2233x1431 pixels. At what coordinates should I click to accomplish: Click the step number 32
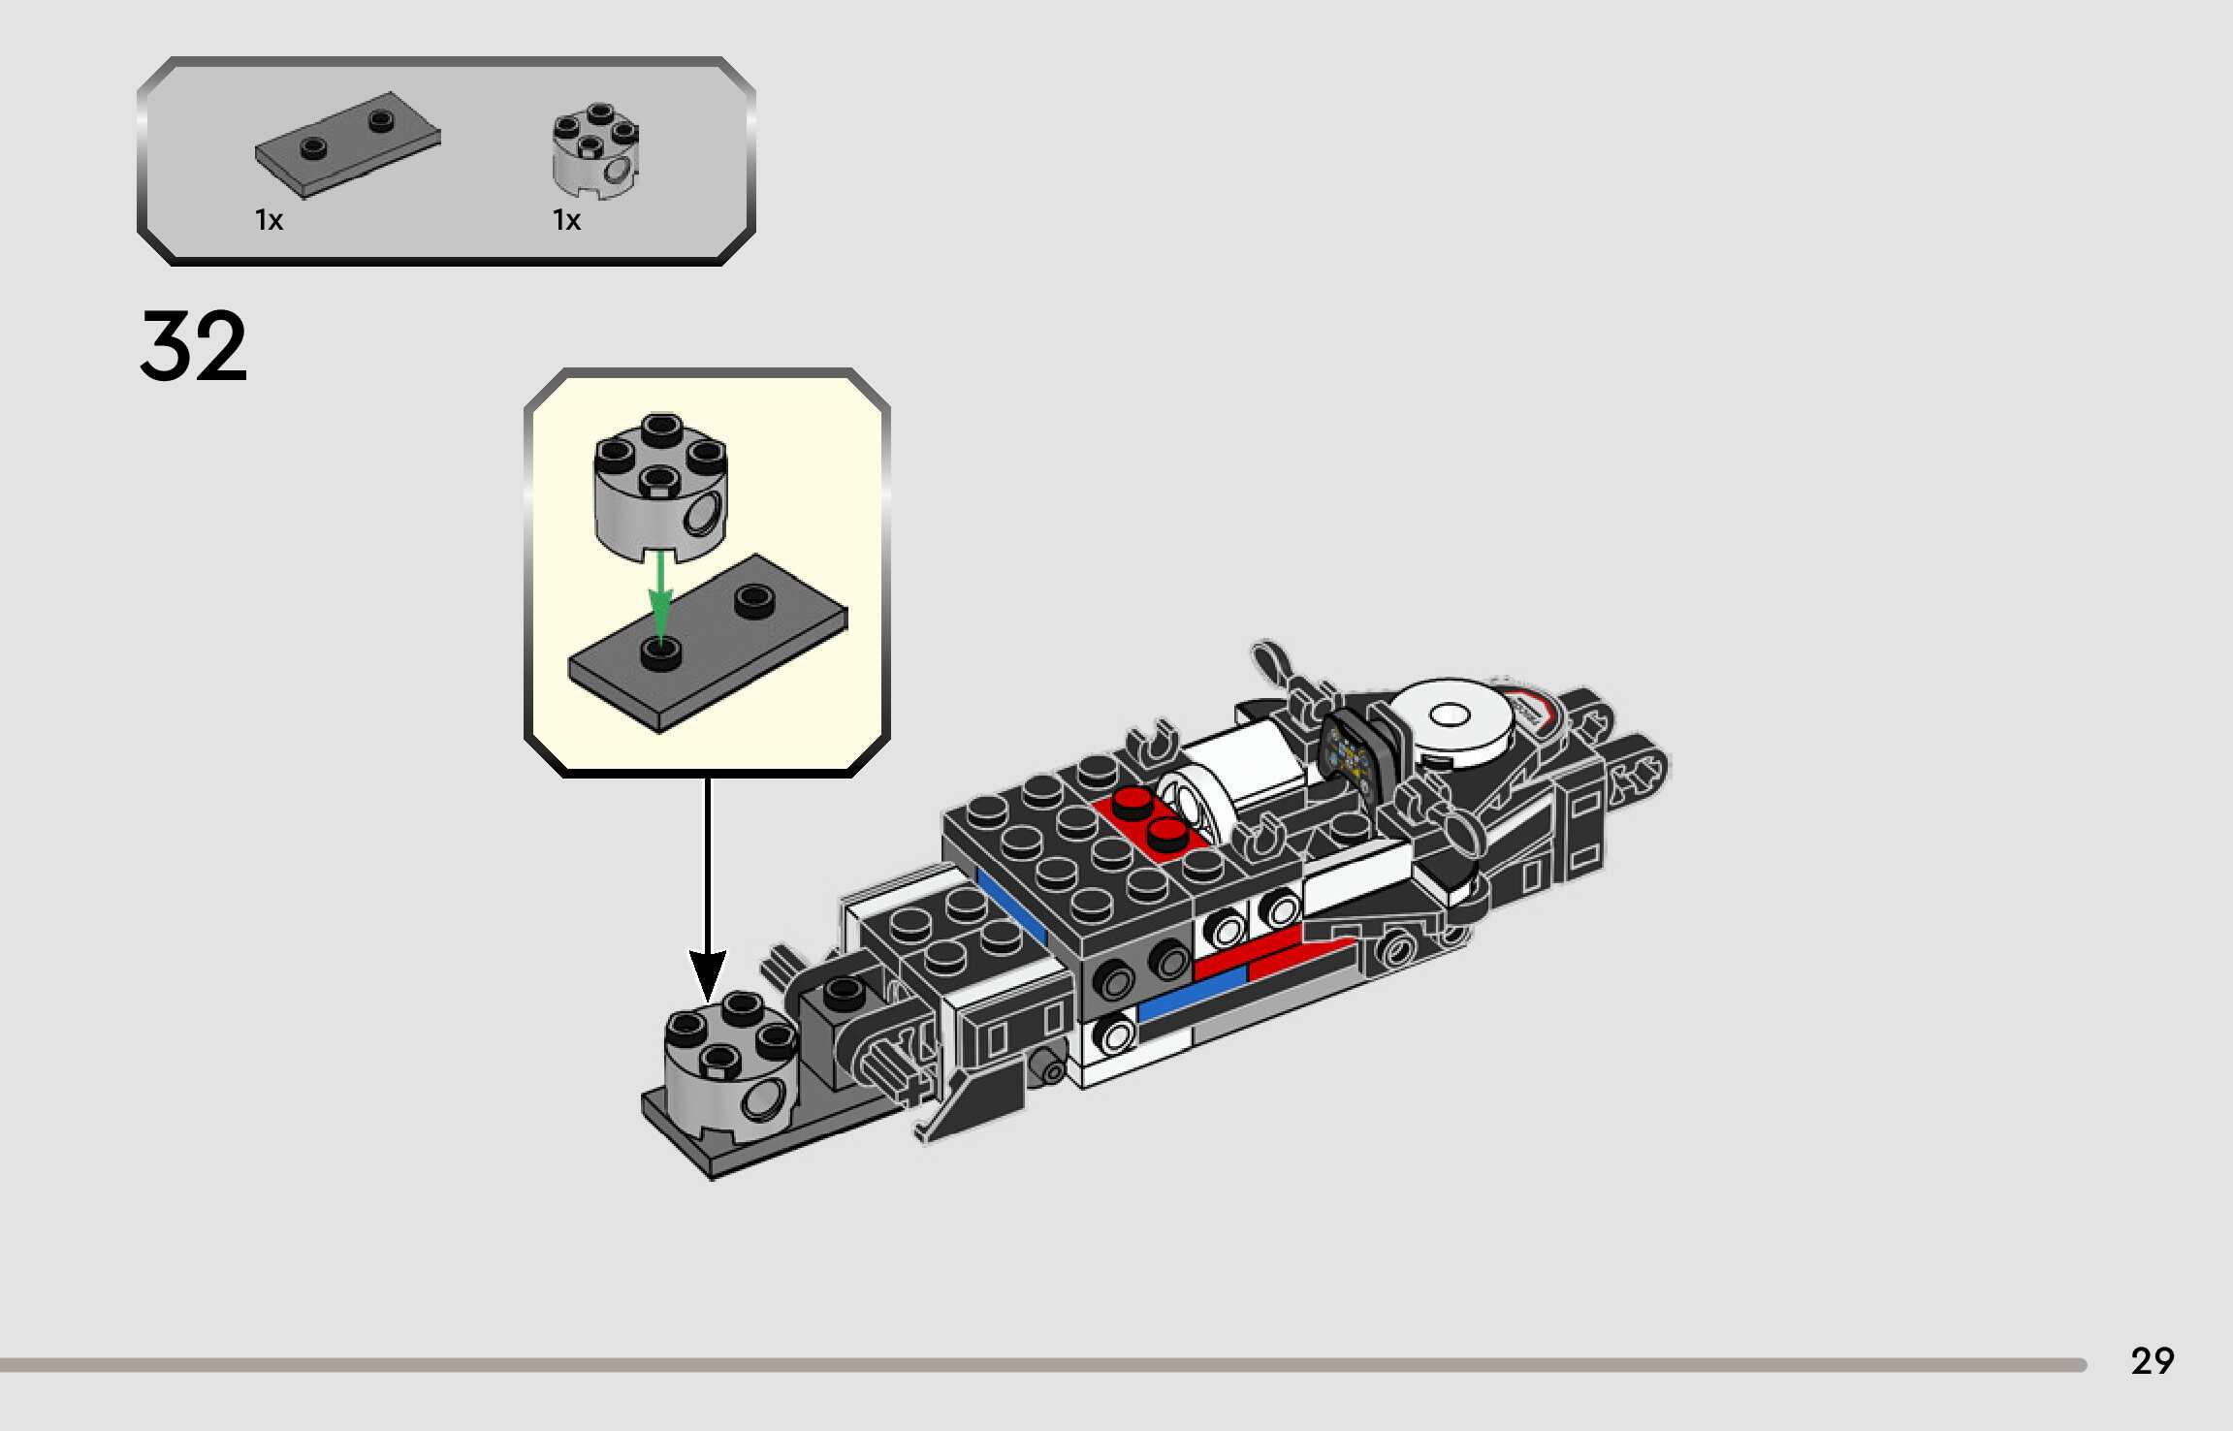tap(194, 346)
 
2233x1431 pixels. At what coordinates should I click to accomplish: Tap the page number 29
tap(2152, 1361)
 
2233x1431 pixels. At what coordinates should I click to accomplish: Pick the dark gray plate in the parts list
tap(346, 145)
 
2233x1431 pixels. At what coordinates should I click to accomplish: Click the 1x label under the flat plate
tap(269, 221)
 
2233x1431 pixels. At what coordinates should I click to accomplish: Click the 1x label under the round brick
tap(566, 221)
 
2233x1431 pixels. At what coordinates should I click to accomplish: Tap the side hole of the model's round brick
tap(764, 1101)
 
